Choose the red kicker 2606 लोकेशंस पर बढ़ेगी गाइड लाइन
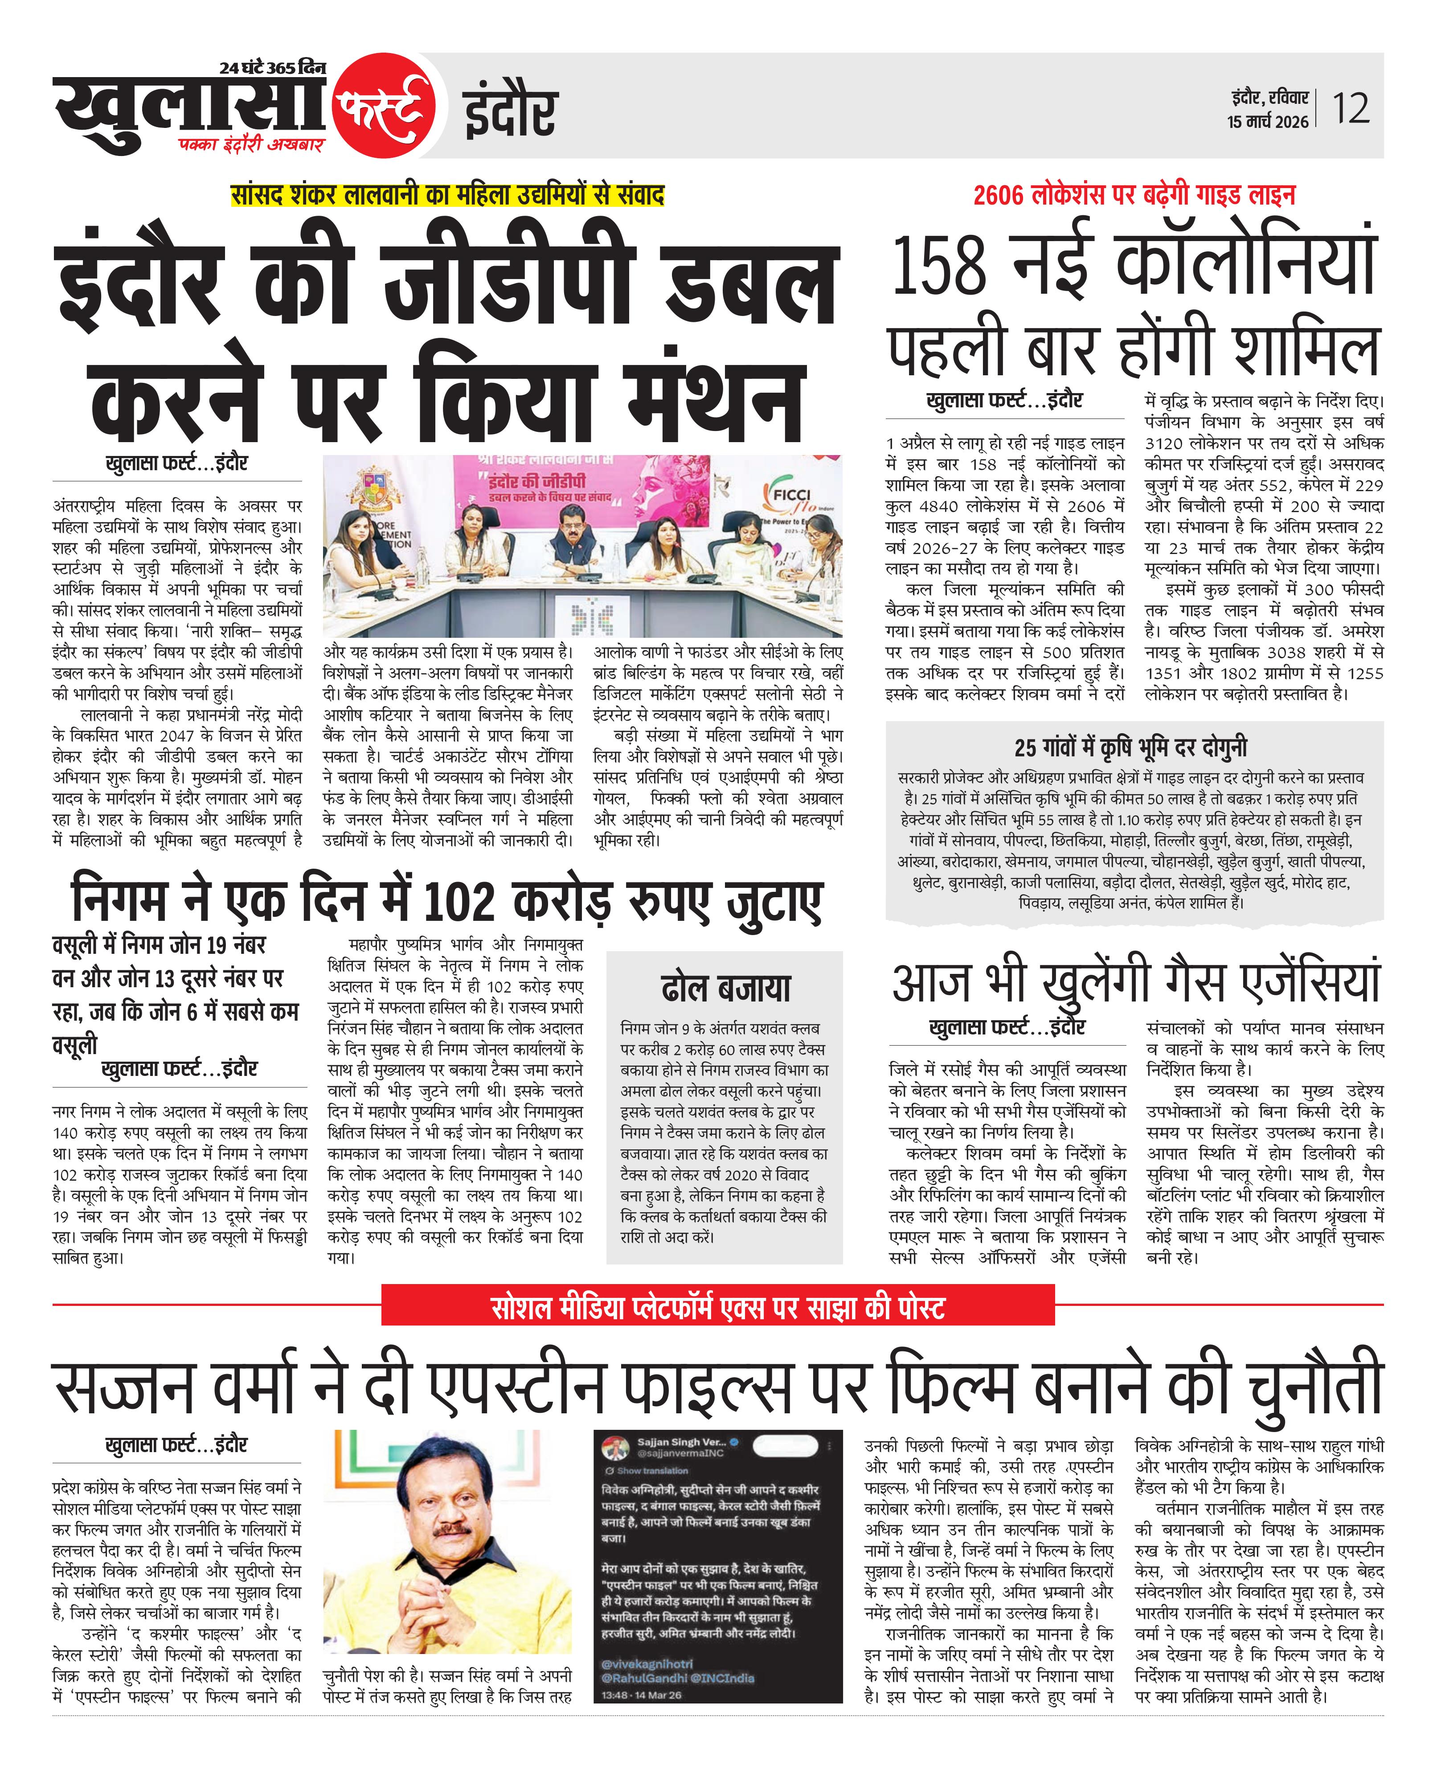[x=1134, y=195]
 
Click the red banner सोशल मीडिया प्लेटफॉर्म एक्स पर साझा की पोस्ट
[x=718, y=1308]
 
